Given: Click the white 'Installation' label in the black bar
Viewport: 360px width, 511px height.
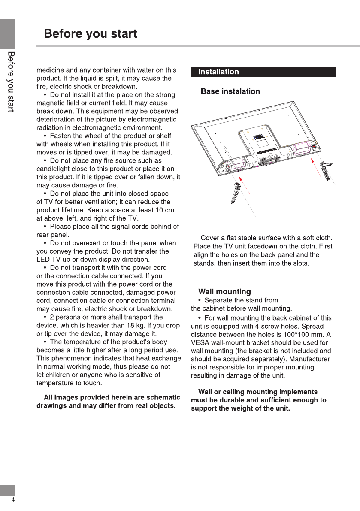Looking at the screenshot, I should pos(218,72).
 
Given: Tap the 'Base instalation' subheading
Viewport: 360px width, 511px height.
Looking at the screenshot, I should pos(230,91).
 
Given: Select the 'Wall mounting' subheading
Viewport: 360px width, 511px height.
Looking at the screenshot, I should pos(224,292).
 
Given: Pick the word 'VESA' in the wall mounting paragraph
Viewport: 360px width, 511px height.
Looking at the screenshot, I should pos(200,343).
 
